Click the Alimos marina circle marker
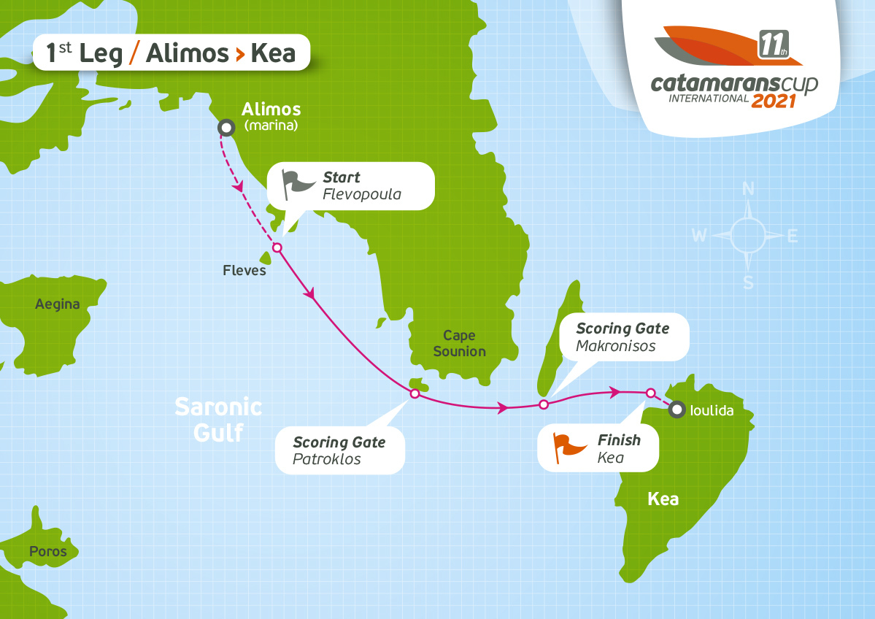coord(227,128)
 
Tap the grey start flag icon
coord(297,185)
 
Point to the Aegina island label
coord(58,304)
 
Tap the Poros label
coord(48,551)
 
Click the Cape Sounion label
coord(459,343)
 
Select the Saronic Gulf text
coord(218,420)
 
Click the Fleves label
coord(244,271)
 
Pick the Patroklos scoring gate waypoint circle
coord(415,394)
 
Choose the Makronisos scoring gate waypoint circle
coord(543,404)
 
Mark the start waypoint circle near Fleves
coord(277,247)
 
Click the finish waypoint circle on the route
coord(650,393)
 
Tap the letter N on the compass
coord(748,190)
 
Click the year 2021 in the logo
coord(774,100)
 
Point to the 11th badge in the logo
coord(771,45)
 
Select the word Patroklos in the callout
coord(326,459)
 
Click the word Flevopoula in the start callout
coord(361,194)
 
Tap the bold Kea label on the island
coord(663,499)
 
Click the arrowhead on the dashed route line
coord(238,188)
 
